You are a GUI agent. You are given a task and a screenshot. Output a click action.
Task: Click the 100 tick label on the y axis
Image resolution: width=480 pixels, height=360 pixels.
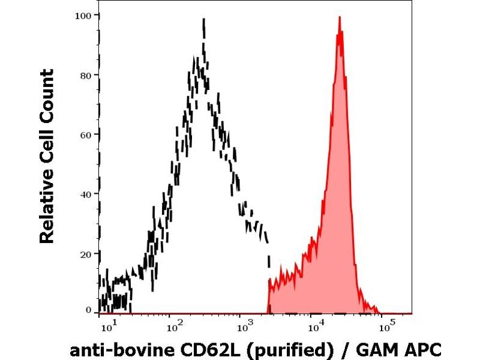click(83, 16)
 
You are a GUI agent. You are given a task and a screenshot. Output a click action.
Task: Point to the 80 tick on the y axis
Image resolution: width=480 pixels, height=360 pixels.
click(86, 75)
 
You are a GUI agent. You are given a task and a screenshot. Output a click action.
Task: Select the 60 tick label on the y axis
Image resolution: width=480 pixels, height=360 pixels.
click(86, 134)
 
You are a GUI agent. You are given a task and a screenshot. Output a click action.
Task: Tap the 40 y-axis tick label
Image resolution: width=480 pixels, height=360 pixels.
click(86, 194)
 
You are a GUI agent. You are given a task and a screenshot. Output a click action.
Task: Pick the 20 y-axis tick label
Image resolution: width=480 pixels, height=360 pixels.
click(86, 253)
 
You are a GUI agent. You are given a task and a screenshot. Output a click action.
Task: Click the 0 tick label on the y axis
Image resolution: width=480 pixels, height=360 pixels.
click(88, 310)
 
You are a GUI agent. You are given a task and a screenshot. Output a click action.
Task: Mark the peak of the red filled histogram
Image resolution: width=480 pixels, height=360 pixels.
click(340, 17)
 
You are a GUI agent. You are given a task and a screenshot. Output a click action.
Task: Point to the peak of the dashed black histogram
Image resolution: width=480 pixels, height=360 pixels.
click(204, 19)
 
